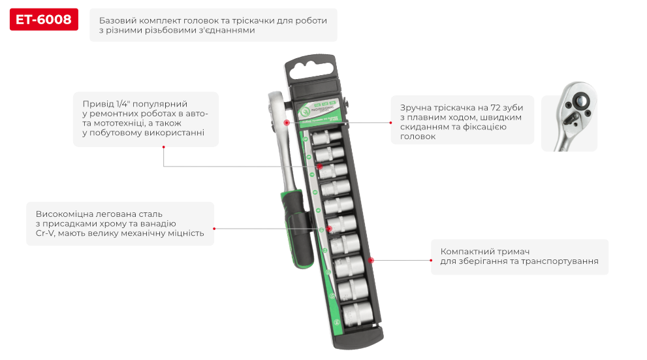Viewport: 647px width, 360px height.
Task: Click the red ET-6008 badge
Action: pos(44,20)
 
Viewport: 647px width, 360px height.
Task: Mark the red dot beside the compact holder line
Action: pos(371,260)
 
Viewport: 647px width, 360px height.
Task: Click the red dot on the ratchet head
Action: pos(285,122)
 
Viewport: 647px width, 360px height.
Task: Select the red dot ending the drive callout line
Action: pos(163,146)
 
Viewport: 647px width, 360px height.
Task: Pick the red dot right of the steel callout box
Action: pos(214,228)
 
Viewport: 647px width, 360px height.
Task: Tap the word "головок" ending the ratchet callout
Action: pos(417,137)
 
